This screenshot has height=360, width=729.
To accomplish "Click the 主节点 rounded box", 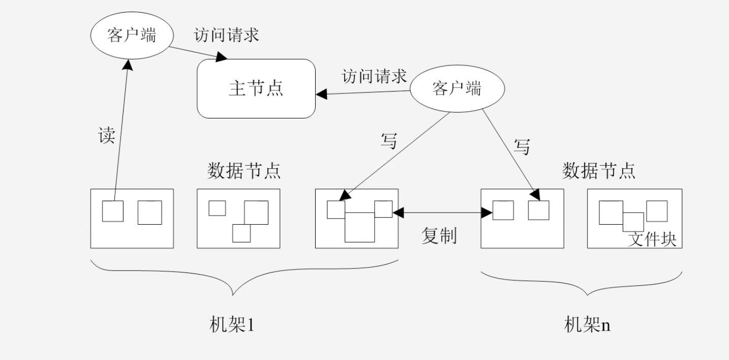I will coord(256,89).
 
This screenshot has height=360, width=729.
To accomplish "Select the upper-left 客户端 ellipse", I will coord(132,35).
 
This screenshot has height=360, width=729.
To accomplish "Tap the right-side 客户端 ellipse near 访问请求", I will coord(457,88).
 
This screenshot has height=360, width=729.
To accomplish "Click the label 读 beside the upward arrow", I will coord(106,135).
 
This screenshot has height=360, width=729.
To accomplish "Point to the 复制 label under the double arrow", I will coord(439,235).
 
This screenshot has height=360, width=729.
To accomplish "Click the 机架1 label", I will coord(231,325).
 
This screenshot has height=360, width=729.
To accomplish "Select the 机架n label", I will coord(587,325).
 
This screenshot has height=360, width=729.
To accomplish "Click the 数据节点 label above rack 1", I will coord(244,171).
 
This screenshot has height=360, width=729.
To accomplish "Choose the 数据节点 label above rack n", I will coord(598,171).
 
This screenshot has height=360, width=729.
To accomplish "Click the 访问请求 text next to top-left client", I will coord(226,35).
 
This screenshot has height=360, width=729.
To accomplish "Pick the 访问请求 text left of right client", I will coord(374,76).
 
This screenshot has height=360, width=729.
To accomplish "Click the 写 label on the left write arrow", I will coord(388,141).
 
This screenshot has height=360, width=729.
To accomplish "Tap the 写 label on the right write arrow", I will coord(522,147).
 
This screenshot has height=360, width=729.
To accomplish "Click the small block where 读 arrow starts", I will coord(113,211).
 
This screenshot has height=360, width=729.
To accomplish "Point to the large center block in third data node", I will coord(359,227).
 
